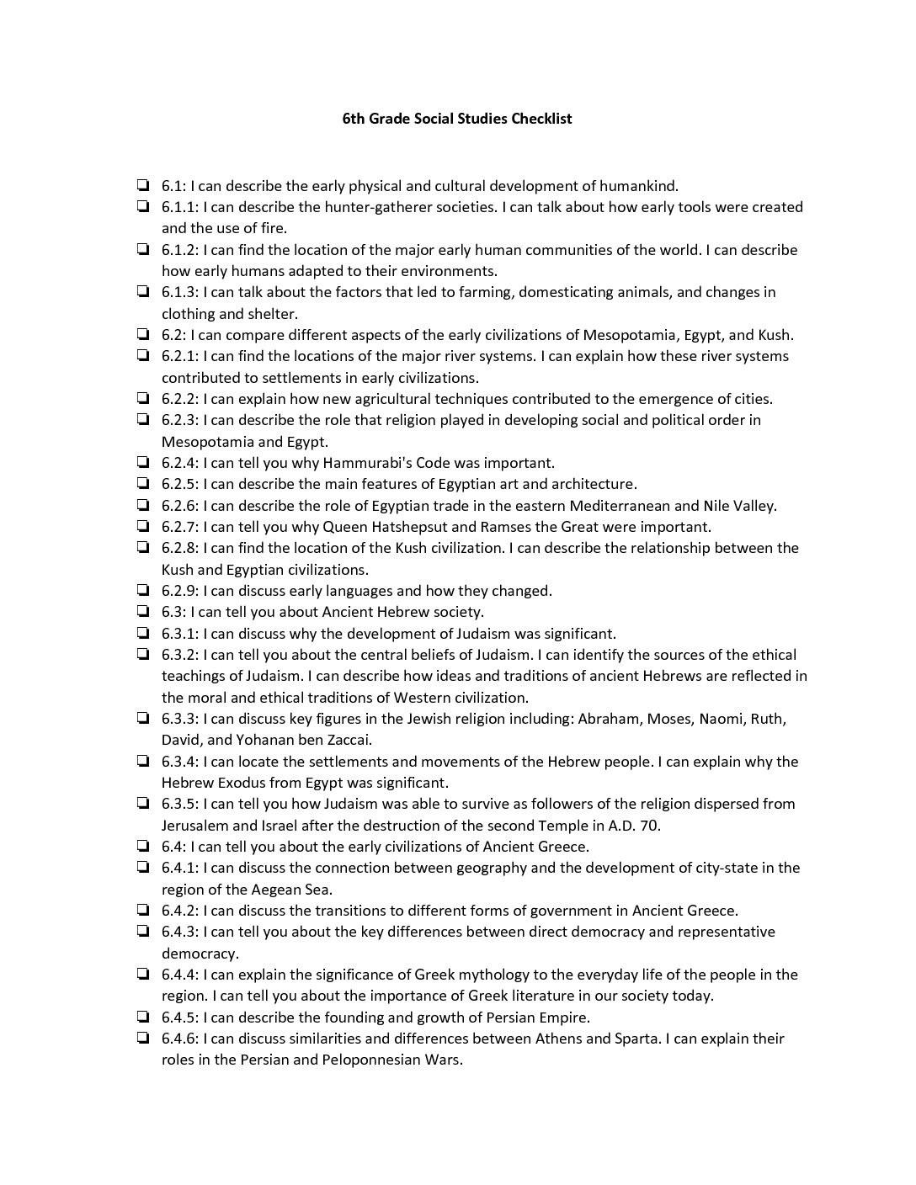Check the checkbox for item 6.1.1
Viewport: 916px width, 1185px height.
pyautogui.click(x=143, y=206)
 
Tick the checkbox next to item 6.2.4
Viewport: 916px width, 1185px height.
pyautogui.click(x=143, y=462)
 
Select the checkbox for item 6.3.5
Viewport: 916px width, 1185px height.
pyautogui.click(x=143, y=803)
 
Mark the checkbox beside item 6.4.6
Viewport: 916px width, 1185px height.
pyautogui.click(x=143, y=1038)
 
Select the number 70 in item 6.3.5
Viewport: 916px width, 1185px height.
pyautogui.click(x=649, y=825)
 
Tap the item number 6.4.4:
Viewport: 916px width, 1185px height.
pyautogui.click(x=180, y=975)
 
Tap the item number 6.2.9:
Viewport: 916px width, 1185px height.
pyautogui.click(x=180, y=591)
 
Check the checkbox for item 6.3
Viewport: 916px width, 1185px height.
pyautogui.click(x=143, y=611)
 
